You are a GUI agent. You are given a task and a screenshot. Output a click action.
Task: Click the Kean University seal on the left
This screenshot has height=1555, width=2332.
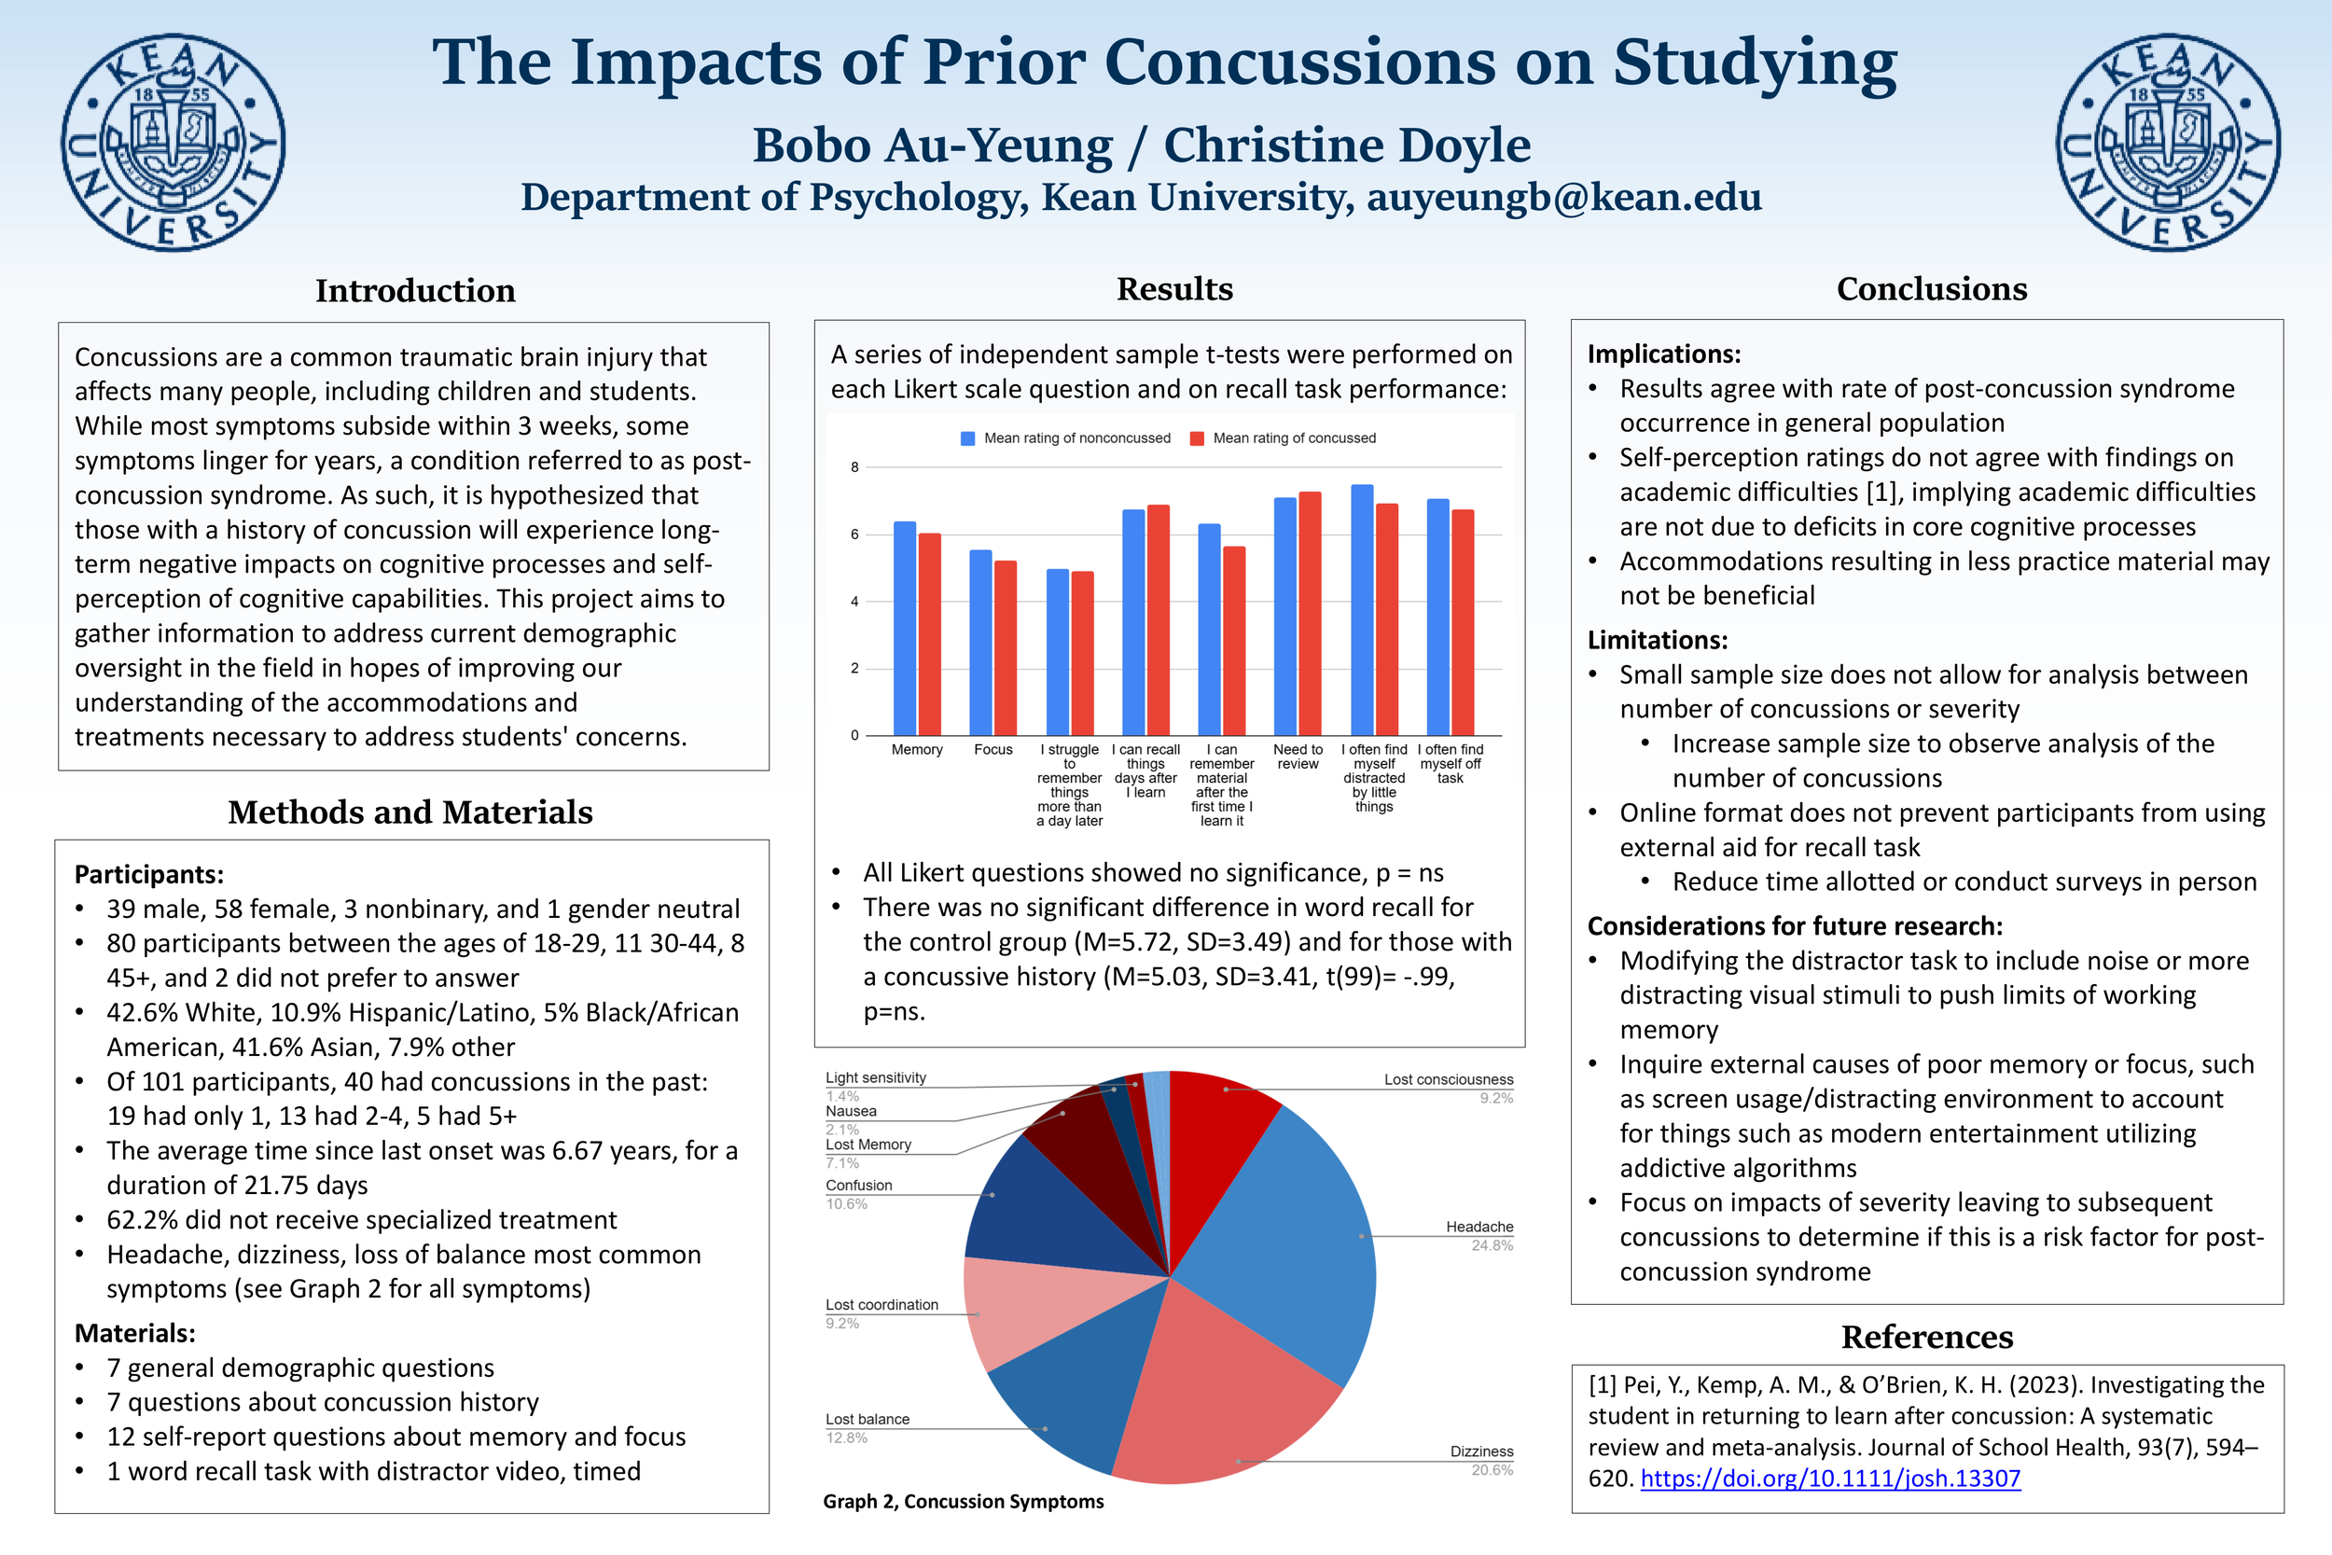pos(174,142)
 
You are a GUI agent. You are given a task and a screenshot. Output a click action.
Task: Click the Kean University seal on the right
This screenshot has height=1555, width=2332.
pos(2168,142)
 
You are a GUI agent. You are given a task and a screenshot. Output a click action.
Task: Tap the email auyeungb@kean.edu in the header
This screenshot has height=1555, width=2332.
pos(1563,198)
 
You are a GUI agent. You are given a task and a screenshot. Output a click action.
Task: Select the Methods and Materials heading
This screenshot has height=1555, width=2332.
pos(409,812)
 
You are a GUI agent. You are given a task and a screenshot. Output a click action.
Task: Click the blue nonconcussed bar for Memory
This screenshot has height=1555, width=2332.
pos(904,629)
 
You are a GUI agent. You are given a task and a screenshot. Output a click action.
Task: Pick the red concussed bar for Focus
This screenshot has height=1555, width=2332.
pos(1006,647)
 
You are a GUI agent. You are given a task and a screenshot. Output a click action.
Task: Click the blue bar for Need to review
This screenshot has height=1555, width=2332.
pos(1285,616)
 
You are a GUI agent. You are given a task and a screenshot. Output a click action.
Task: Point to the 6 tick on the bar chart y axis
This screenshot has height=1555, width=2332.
pos(854,535)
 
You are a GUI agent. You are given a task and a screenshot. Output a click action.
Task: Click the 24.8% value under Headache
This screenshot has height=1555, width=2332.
pos(1492,1245)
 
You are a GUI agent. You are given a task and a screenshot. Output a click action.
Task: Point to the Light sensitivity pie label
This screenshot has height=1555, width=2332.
pos(876,1078)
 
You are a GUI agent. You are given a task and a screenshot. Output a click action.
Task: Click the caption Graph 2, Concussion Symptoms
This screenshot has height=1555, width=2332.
pos(963,1502)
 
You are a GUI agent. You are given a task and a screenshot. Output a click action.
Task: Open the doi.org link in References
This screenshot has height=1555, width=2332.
pos(1829,1479)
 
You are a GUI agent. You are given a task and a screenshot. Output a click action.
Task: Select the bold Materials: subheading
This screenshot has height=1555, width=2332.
pos(135,1333)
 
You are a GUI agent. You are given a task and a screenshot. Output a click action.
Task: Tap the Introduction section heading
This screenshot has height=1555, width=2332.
pos(415,290)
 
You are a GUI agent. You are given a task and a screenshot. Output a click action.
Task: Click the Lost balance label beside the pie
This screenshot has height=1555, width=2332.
pos(867,1419)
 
